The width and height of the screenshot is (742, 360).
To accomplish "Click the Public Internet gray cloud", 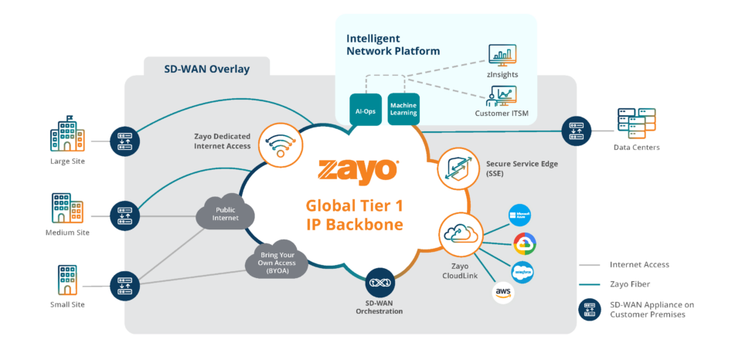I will tap(226, 212).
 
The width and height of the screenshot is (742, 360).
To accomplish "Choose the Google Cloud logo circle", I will tap(524, 245).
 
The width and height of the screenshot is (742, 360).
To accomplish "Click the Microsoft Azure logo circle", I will tap(520, 216).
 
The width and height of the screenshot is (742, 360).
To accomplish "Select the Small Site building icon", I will tap(66, 281).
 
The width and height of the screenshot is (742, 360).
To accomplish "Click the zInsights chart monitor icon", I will tap(502, 56).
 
